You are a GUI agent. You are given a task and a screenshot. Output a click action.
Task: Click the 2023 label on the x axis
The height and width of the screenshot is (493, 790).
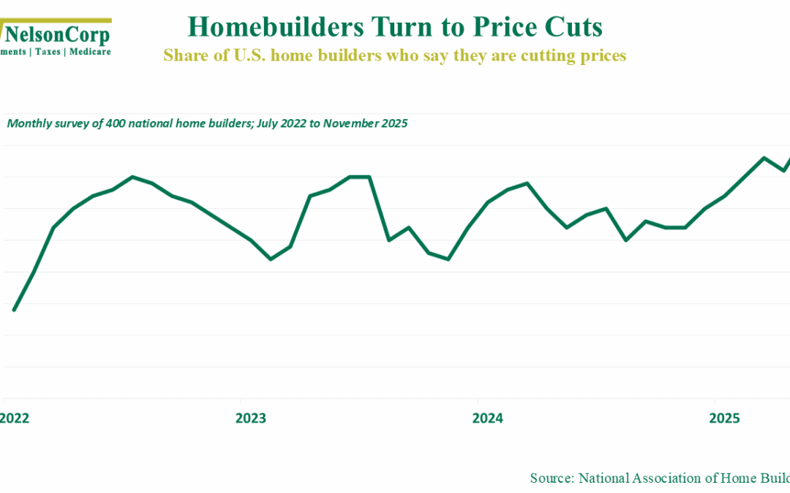pos(250,419)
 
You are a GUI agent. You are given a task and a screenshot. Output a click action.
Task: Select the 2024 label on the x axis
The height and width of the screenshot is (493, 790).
pos(487,419)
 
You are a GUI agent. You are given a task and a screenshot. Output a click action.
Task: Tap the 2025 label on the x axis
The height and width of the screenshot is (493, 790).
pos(724,419)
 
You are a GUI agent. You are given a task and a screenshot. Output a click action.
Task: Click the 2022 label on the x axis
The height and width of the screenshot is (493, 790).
pos(14,419)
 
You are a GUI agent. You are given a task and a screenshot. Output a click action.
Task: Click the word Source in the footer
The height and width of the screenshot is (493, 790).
pos(551,478)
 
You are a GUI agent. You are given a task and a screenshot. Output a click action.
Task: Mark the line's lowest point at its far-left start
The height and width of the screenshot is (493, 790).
pos(14,310)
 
